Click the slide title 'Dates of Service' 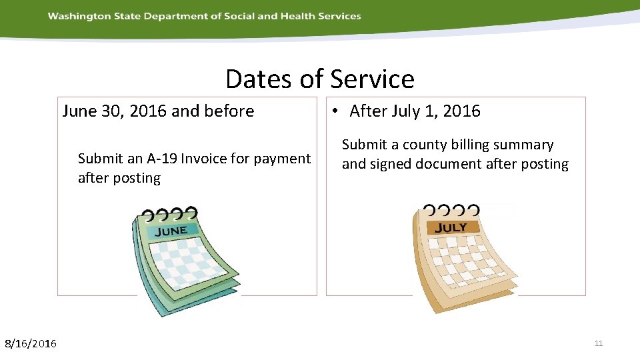319,79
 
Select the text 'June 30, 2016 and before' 158,111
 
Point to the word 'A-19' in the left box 162,159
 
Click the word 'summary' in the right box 523,145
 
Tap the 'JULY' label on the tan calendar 451,227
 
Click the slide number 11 598,343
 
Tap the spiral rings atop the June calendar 169,214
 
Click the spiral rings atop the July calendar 451,211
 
